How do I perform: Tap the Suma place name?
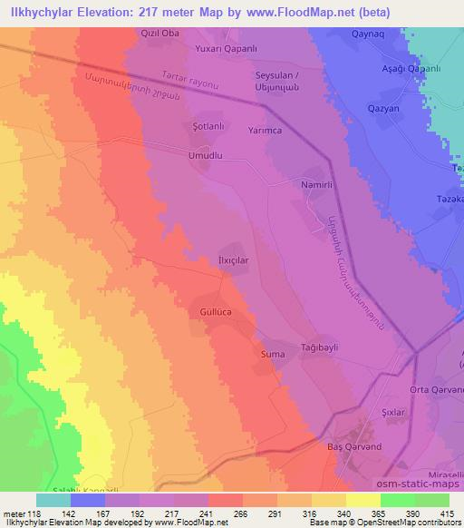tap(273, 353)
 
